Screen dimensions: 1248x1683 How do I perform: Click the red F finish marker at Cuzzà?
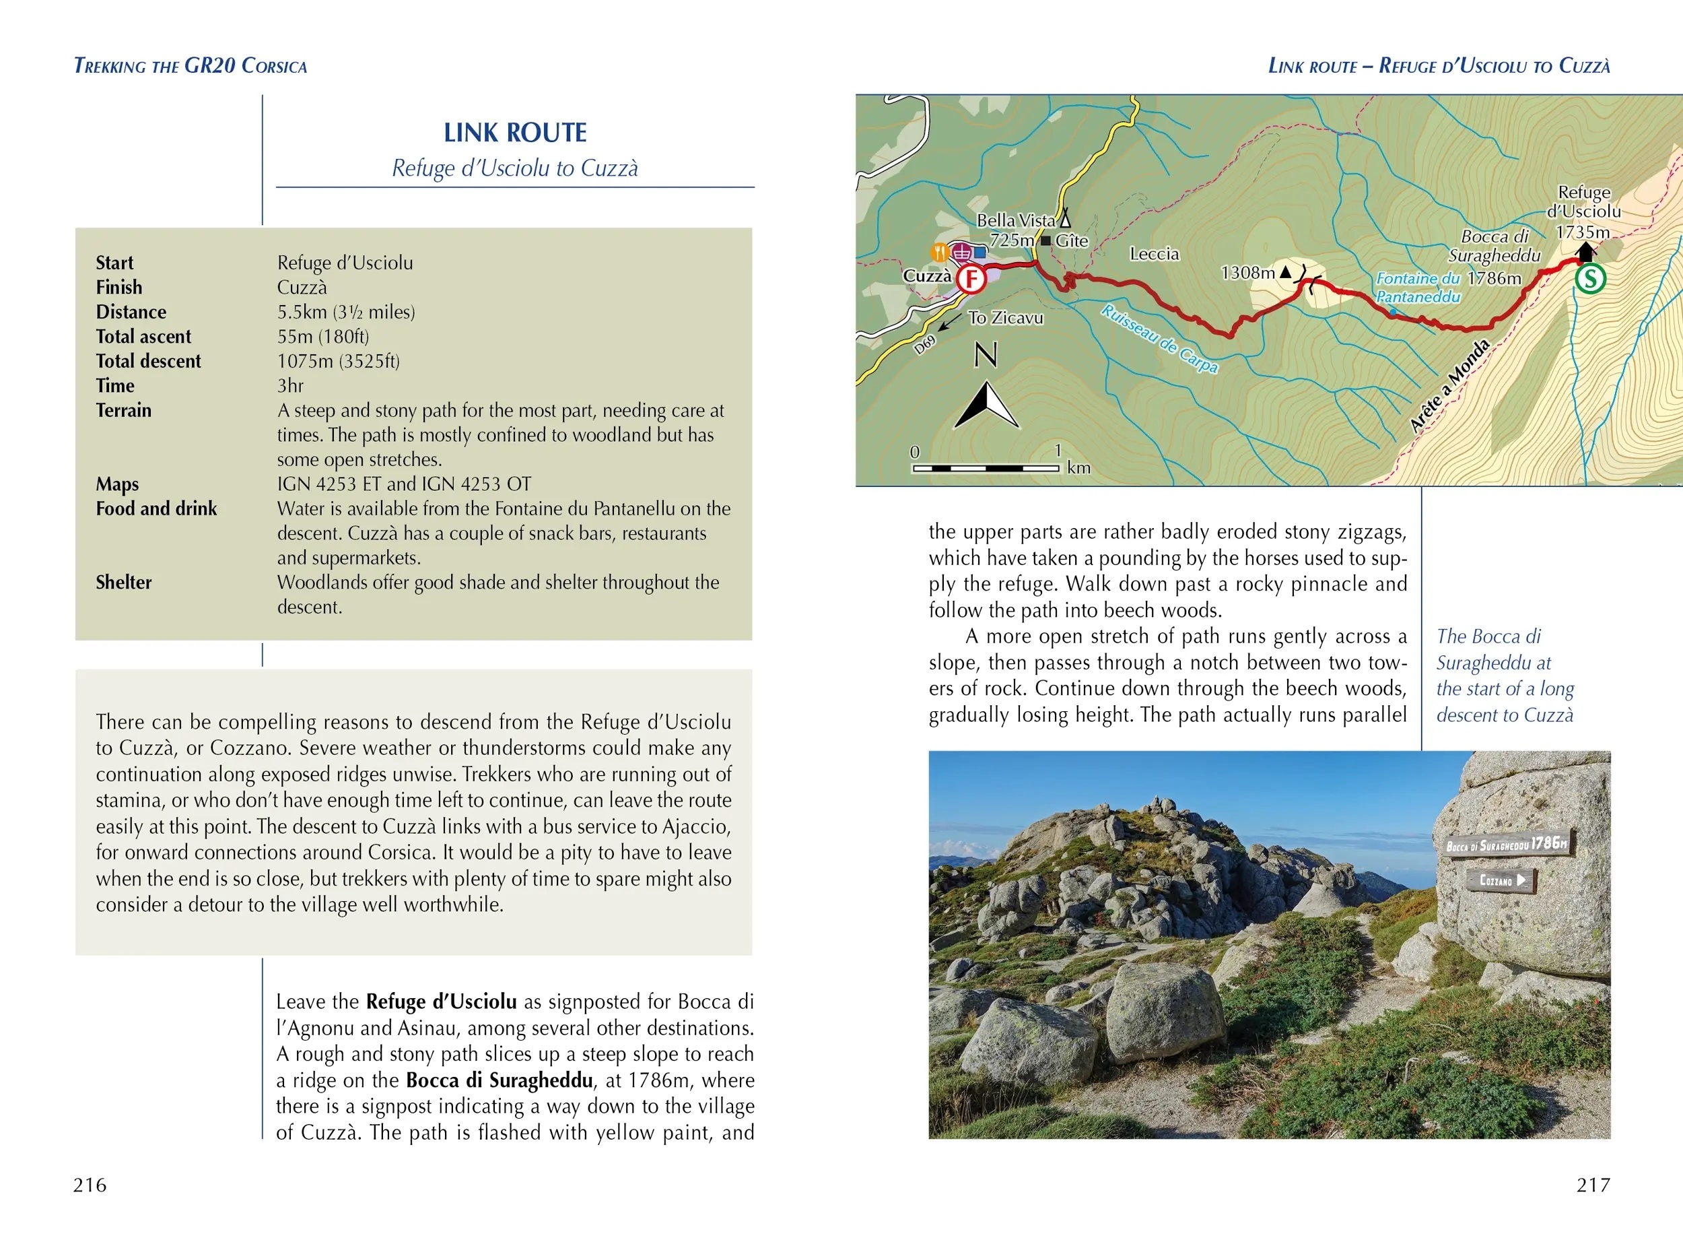coord(971,280)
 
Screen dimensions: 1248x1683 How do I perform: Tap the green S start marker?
coord(1589,279)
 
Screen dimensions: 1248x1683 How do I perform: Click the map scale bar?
coord(986,468)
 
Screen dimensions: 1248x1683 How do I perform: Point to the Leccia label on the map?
coord(1154,254)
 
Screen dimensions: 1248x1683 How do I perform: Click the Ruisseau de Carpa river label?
coord(1159,339)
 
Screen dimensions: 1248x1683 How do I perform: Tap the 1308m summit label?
coord(1247,272)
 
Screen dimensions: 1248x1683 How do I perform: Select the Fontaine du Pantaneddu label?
coord(1417,288)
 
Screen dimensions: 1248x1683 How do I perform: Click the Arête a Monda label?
coord(1449,386)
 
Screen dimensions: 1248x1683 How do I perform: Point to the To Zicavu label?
coord(1005,318)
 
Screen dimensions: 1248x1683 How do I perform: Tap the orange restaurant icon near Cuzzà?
coord(939,252)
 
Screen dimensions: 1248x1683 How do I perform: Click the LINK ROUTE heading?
coord(515,133)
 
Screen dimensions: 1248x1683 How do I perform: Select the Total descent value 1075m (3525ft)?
coord(338,361)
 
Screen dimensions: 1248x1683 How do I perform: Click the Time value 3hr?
coord(290,386)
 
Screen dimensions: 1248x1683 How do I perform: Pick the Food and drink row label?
coord(156,508)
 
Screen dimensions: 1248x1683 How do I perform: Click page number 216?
coord(90,1185)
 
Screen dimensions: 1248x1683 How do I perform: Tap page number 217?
coord(1593,1185)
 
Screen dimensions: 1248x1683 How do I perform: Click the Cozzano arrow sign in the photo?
coord(1501,880)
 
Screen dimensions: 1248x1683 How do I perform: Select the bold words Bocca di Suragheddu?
coord(499,1080)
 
